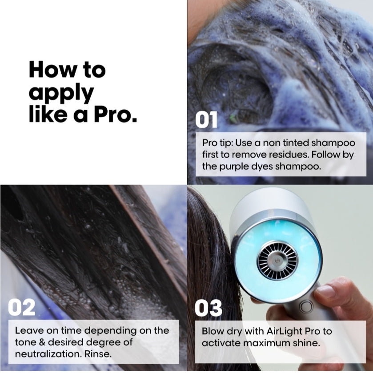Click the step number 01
(x=207, y=120)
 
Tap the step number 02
(x=22, y=308)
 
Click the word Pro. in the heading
(x=115, y=114)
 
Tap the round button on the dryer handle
(x=305, y=306)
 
